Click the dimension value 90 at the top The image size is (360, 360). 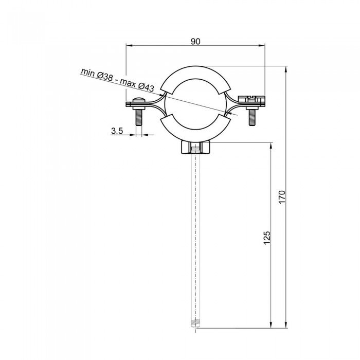click(x=195, y=42)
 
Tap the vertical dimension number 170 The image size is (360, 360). click(x=281, y=196)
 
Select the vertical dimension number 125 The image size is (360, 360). click(x=266, y=237)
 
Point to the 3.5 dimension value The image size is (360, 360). click(x=117, y=131)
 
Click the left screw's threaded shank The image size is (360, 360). click(x=139, y=118)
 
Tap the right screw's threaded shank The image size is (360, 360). click(x=252, y=118)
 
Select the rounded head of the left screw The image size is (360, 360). click(x=138, y=101)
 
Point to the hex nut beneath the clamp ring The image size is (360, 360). click(x=195, y=148)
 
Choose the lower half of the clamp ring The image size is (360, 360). click(x=195, y=133)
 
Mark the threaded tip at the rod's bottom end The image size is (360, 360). click(x=195, y=324)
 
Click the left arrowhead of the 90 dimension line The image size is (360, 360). click(x=129, y=45)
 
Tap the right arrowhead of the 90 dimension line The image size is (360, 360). click(x=262, y=45)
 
